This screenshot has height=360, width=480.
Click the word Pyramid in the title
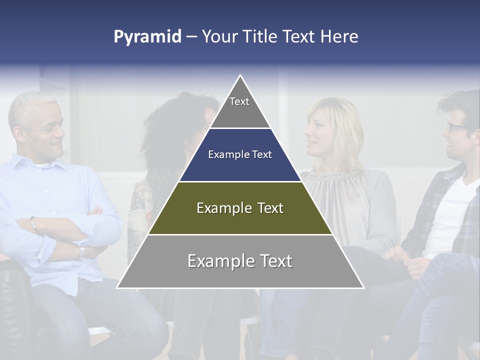(147, 37)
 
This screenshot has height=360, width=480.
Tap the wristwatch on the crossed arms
(81, 251)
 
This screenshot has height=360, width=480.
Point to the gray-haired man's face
(47, 132)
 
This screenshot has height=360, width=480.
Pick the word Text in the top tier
(239, 101)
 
